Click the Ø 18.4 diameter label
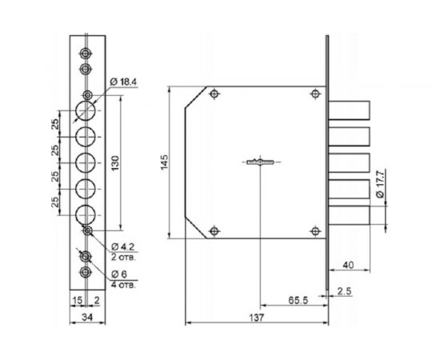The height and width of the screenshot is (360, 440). [x=123, y=82]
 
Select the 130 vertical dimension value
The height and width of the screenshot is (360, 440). [x=115, y=163]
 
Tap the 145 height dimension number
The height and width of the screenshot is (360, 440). [x=164, y=162]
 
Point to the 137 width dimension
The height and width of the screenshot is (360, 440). [x=257, y=318]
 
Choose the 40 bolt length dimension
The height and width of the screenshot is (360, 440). [x=348, y=265]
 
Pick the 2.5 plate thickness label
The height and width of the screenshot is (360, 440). [x=344, y=291]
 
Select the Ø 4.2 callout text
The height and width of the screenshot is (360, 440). [x=123, y=247]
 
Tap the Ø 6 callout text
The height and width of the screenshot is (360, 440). [x=119, y=274]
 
